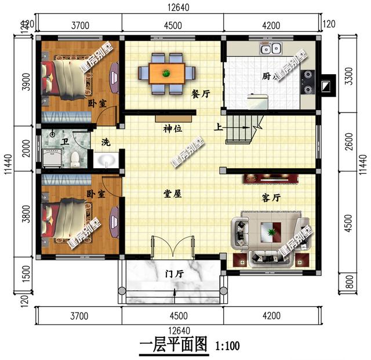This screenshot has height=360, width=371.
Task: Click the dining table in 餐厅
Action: click(166, 73)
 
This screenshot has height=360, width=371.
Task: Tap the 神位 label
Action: click(173, 129)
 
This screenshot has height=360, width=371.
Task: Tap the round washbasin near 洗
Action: click(106, 159)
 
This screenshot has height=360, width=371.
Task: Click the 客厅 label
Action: click(271, 198)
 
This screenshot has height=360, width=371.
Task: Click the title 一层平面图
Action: click(173, 346)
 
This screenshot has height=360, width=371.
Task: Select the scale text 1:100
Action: click(227, 347)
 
